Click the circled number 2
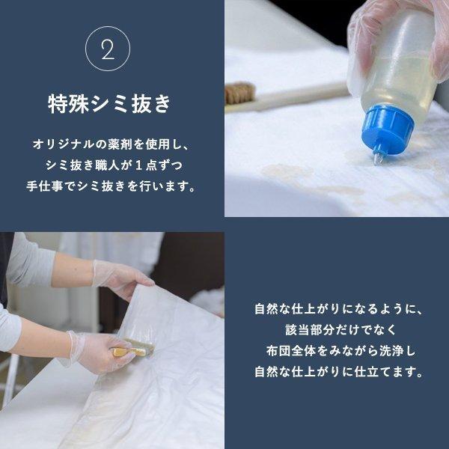point(109,50)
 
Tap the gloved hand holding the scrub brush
point(94,352)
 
